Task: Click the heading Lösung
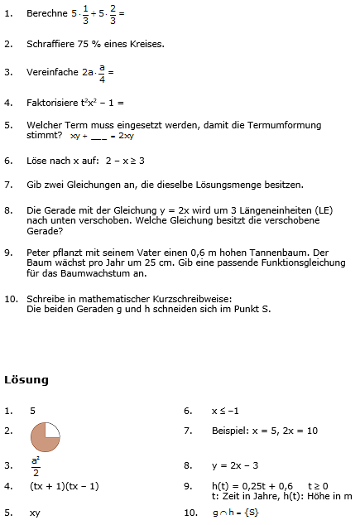pos(26,380)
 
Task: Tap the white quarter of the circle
pos(52,429)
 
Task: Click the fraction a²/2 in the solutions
pos(36,465)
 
